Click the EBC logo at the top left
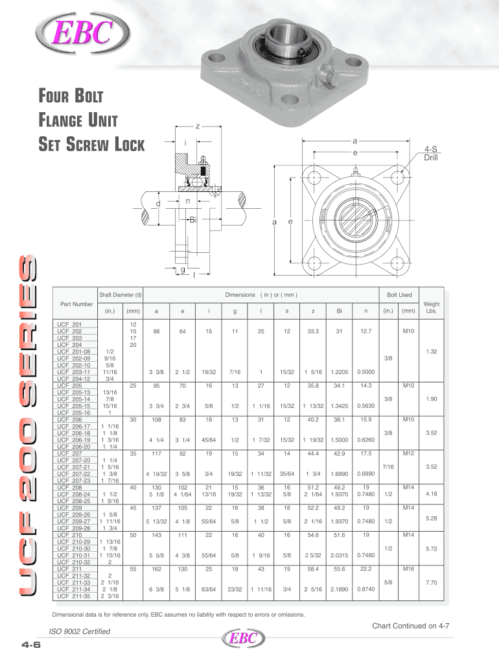tap(82, 33)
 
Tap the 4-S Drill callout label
tap(431, 153)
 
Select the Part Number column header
tap(76, 304)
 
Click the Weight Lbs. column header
tap(432, 307)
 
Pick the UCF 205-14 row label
tap(74, 399)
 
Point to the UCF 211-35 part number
tap(74, 596)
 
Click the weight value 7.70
tap(432, 583)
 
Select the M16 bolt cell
tap(408, 569)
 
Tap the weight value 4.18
tap(432, 493)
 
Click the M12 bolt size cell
tap(408, 453)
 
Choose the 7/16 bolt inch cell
tap(388, 467)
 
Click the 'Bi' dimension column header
tap(339, 311)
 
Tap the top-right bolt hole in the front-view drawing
tap(398, 177)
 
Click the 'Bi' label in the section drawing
tap(193, 220)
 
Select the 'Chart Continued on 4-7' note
tap(411, 626)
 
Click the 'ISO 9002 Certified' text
tap(80, 632)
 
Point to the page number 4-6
tap(31, 645)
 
